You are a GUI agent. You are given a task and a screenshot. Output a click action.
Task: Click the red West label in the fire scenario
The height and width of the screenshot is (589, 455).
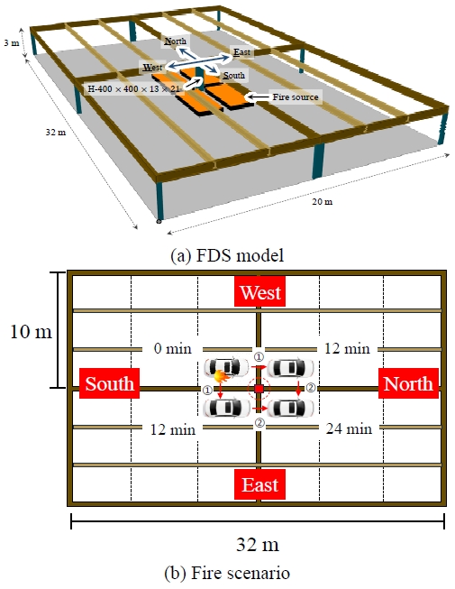click(x=260, y=291)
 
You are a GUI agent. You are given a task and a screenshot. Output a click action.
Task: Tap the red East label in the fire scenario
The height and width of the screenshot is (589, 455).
click(x=260, y=484)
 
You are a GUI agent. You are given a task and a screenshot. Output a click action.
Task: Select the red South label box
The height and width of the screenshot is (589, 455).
click(x=109, y=383)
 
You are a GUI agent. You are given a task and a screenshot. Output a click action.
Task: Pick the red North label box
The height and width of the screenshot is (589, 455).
click(x=408, y=383)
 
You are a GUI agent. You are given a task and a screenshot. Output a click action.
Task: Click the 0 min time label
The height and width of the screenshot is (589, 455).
click(x=173, y=348)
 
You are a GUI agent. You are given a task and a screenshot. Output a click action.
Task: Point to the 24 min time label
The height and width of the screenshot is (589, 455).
click(x=349, y=428)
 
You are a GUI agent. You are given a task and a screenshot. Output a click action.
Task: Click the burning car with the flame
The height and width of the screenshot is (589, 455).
click(x=226, y=367)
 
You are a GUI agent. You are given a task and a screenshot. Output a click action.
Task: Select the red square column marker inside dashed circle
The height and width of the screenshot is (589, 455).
click(x=259, y=389)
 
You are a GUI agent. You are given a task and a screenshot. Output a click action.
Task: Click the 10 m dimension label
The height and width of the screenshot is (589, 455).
click(x=31, y=332)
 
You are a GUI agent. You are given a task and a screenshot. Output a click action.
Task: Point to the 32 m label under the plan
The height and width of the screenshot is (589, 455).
click(x=258, y=544)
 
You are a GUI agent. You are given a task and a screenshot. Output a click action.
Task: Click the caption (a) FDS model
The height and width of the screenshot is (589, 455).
click(x=227, y=255)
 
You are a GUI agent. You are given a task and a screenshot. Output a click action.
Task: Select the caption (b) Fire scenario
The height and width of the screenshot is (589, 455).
click(x=227, y=573)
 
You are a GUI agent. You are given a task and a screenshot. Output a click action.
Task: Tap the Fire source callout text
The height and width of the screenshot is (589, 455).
click(x=296, y=97)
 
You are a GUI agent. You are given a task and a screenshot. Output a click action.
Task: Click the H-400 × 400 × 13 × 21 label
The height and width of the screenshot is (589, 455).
click(x=134, y=89)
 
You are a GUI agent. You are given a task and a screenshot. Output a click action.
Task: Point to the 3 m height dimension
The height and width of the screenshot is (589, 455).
click(x=11, y=42)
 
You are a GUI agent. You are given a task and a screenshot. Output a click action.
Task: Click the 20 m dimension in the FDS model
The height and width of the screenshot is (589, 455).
click(x=323, y=202)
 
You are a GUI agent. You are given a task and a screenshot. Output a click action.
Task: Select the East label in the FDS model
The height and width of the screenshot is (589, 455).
click(x=242, y=51)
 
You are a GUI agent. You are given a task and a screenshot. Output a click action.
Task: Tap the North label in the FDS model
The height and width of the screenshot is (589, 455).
click(x=175, y=41)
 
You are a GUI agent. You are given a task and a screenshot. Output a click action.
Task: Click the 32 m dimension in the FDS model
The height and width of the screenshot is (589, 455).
click(x=56, y=132)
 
